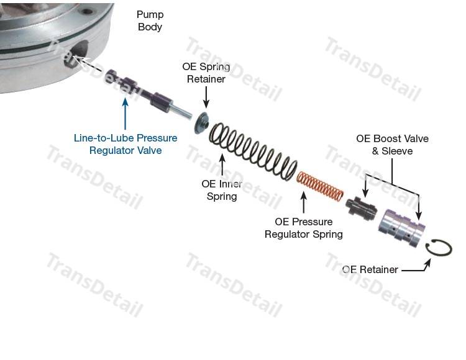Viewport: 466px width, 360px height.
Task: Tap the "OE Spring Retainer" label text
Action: point(206,73)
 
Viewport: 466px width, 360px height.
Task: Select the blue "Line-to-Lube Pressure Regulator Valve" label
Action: point(125,144)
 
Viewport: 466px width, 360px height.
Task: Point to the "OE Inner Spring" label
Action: point(222,190)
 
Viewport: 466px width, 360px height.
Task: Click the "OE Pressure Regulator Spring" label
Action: point(303,228)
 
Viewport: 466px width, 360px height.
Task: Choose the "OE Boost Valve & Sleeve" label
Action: point(392,145)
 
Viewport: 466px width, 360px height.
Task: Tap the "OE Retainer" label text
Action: point(370,269)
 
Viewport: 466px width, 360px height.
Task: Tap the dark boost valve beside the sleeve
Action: point(362,210)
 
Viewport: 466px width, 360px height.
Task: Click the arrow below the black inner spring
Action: point(222,163)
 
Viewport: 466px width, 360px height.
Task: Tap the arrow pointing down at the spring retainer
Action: point(206,96)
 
